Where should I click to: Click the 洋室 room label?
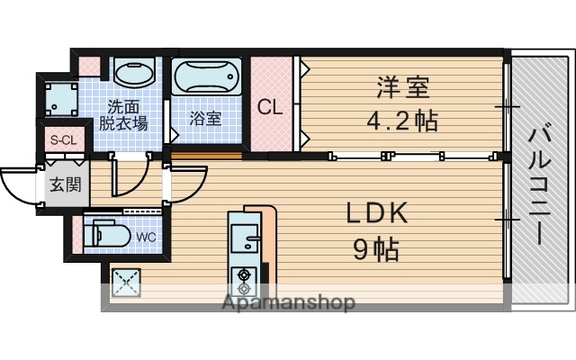pyautogui.click(x=402, y=89)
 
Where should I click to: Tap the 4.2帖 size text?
pyautogui.click(x=402, y=120)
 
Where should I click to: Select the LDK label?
pyautogui.click(x=377, y=213)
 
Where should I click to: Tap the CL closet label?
pyautogui.click(x=271, y=107)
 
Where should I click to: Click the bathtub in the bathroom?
pyautogui.click(x=206, y=78)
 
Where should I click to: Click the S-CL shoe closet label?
pyautogui.click(x=64, y=140)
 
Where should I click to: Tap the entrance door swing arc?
pyautogui.click(x=18, y=184)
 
